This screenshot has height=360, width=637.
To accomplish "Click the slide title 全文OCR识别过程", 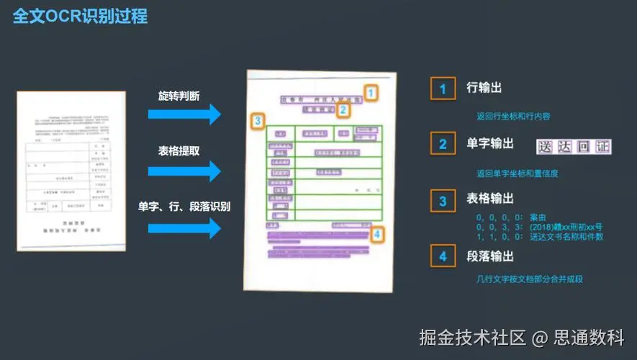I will (x=80, y=16).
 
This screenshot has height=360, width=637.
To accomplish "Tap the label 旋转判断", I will (x=179, y=96).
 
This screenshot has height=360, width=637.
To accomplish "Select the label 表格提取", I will (x=179, y=151).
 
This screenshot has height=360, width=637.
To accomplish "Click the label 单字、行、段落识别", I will (x=184, y=207).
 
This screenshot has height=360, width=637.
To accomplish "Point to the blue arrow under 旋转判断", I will (x=184, y=114).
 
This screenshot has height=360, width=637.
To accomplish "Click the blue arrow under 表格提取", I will (x=184, y=171).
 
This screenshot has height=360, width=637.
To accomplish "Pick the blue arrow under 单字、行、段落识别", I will (x=184, y=228).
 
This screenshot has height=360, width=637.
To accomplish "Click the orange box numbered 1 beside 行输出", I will (x=443, y=89).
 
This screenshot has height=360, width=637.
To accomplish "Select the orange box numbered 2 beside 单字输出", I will (x=443, y=144).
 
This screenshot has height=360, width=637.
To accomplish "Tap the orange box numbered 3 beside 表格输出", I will (x=443, y=199).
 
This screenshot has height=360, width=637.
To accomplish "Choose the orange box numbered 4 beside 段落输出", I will (x=443, y=256).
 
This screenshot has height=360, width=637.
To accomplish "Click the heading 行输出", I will (x=484, y=88).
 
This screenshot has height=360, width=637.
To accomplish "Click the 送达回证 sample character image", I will (x=574, y=147).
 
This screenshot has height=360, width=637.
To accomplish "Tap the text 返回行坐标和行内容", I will (x=512, y=115).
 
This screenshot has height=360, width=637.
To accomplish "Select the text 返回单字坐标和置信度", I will (x=517, y=174).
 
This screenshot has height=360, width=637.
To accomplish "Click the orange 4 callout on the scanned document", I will (x=377, y=233).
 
